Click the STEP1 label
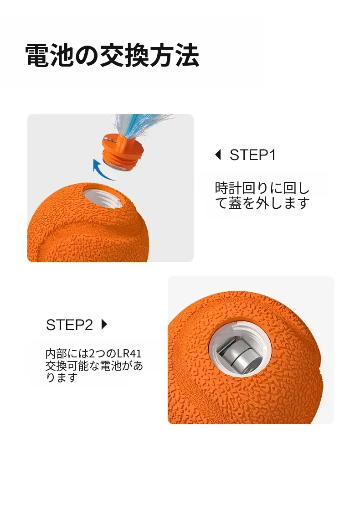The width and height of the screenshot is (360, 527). [252, 155]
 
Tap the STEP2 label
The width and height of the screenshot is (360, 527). [69, 325]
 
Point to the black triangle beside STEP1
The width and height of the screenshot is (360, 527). [218, 155]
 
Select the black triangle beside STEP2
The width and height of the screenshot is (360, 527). [104, 324]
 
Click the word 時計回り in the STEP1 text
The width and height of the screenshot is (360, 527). [242, 188]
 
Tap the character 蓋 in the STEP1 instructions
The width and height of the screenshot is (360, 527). [235, 203]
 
